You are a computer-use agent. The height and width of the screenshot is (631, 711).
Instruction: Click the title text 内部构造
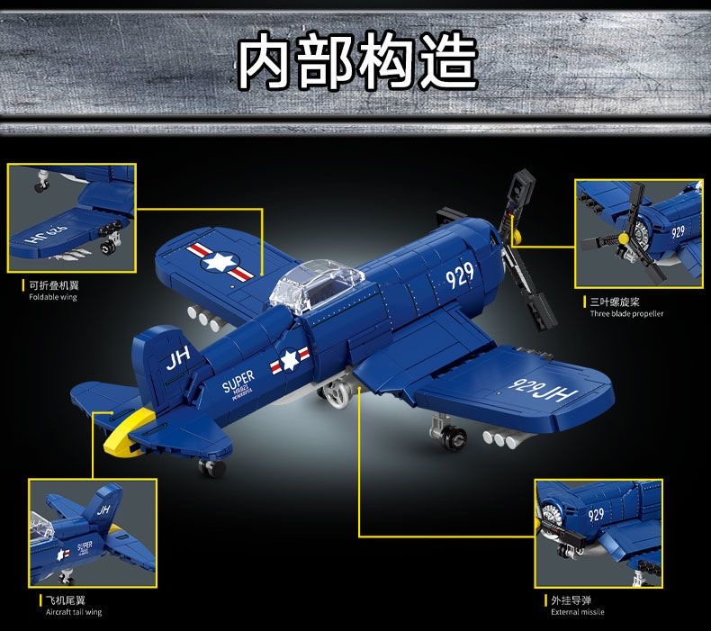355,61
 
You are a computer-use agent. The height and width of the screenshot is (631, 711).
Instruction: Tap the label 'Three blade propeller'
626,314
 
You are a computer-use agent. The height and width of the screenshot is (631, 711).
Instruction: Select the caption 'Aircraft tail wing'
74,612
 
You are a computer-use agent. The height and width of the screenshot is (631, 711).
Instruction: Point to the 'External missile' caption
578,612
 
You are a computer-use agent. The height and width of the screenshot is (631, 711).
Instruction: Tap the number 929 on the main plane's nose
459,275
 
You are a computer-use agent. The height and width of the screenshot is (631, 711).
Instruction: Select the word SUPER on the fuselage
238,378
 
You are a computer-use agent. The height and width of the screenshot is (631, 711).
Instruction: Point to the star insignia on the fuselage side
289,360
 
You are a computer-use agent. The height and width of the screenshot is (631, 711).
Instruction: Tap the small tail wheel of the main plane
212,468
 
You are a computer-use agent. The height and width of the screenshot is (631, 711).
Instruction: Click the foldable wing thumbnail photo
71,218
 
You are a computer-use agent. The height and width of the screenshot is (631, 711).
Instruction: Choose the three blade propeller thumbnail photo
639,233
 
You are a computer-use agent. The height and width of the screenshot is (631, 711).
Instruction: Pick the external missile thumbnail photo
598,533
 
